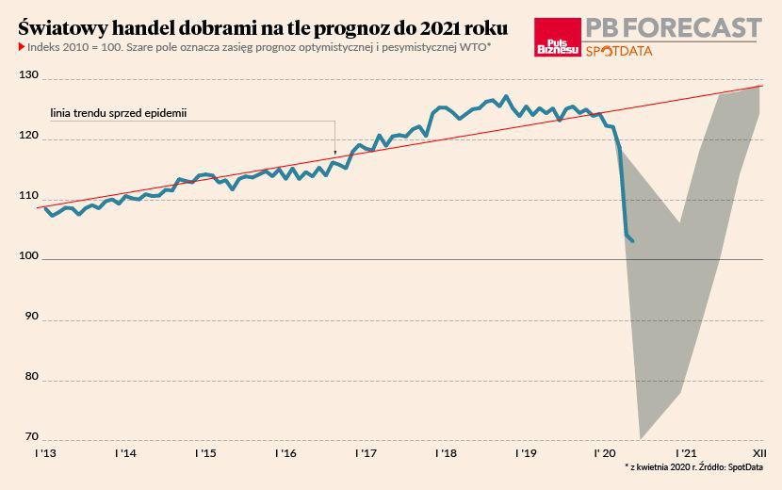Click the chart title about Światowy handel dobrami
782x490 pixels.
[263, 27]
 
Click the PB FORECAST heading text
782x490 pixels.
[673, 27]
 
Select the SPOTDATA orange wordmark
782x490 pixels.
[618, 51]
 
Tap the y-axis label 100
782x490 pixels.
[30, 256]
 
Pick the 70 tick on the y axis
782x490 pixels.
[30, 436]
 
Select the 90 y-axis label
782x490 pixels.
[30, 317]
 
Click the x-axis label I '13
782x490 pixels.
[44, 453]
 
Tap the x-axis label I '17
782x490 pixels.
[366, 453]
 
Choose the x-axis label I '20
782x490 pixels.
[605, 453]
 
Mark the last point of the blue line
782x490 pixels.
[633, 241]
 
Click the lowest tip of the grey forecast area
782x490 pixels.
[641, 438]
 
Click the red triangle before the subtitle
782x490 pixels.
[22, 45]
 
